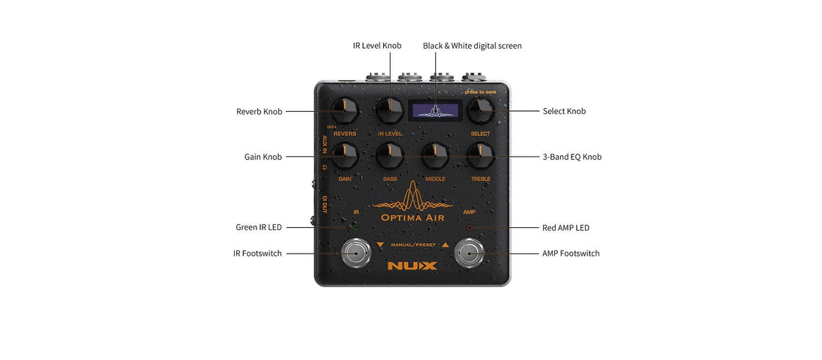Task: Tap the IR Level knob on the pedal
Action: pos(390,112)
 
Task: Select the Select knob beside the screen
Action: pos(480,112)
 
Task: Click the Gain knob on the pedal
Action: pos(344,157)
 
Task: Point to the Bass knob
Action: pos(390,157)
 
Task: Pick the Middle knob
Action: pos(435,157)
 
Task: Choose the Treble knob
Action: pos(480,157)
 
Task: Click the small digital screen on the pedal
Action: pos(434,111)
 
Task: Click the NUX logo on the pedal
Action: pos(412,265)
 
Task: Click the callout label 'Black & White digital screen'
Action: pos(472,46)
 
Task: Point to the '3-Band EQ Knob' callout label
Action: pos(571,157)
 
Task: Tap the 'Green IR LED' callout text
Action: pos(259,227)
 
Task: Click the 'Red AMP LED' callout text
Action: pos(566,227)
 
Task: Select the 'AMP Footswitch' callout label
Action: pos(571,253)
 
